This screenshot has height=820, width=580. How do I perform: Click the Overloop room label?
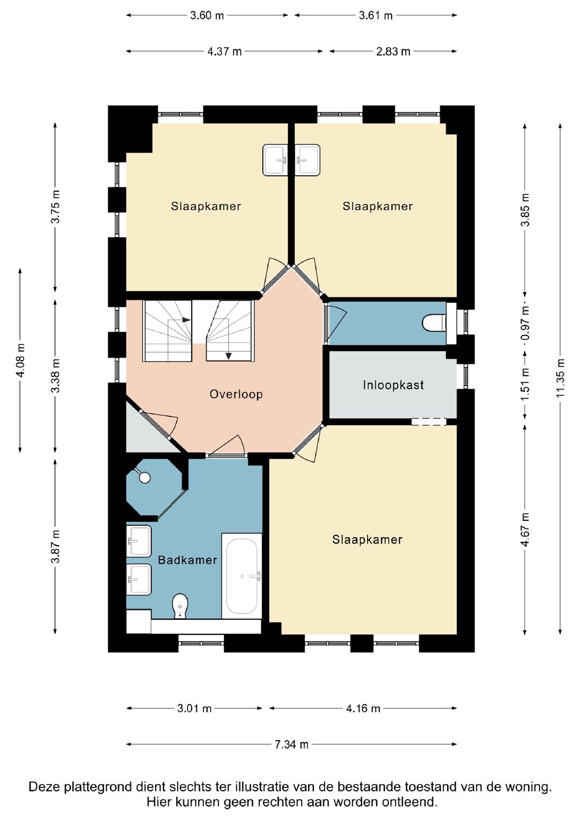point(236,394)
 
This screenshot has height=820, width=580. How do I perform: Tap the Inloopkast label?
point(393,385)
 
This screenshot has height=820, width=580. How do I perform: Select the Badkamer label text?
point(187,560)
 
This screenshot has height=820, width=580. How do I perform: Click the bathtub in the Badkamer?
point(242,576)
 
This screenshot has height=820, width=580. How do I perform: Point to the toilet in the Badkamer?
point(180,606)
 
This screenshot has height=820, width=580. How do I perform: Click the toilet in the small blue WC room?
point(434,323)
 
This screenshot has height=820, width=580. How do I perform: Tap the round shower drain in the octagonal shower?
point(144,478)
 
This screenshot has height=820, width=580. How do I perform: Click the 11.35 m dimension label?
point(560,378)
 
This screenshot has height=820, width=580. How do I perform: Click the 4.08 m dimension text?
point(20,360)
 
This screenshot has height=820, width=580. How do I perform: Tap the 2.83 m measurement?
point(393,52)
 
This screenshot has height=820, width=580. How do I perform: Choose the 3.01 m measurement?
point(194,708)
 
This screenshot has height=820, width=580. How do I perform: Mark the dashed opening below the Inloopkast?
point(429,422)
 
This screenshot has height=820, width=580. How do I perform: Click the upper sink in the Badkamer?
point(139,541)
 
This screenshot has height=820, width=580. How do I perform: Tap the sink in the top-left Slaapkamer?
point(275,159)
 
